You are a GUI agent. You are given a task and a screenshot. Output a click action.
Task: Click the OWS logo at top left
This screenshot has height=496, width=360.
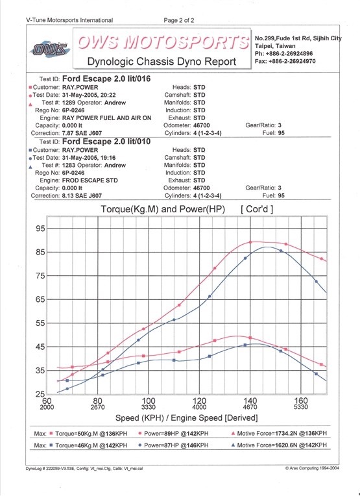(49, 49)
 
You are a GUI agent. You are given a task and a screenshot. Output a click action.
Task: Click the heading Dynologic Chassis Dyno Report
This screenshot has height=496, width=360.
(162, 61)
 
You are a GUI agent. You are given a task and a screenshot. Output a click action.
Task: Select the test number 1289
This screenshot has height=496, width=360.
(69, 103)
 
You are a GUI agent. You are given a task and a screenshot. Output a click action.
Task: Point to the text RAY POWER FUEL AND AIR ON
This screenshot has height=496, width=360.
(107, 118)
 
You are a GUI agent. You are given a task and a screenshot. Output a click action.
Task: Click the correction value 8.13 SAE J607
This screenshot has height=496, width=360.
(82, 195)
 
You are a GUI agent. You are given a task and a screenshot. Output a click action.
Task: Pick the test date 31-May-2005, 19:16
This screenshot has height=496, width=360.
(89, 158)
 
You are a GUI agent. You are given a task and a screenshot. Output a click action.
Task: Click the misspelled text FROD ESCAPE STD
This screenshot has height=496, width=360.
(90, 180)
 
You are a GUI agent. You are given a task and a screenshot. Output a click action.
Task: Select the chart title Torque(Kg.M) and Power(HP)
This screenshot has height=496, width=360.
(163, 209)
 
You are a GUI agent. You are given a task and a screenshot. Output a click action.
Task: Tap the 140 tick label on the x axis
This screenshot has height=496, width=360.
(250, 401)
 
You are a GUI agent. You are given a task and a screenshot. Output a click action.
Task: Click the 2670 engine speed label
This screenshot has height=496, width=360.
(97, 407)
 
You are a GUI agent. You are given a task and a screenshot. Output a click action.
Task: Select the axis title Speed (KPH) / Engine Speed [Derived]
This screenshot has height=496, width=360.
(186, 418)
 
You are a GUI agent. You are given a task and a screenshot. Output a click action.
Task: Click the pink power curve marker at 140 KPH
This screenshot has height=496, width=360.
(250, 242)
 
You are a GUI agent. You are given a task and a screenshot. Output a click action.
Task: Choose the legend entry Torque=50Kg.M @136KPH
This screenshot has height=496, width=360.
(88, 434)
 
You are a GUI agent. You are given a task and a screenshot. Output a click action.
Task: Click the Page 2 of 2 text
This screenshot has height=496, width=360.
(179, 21)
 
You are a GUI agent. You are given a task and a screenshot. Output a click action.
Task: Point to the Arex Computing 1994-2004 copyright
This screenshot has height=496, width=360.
(312, 468)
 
